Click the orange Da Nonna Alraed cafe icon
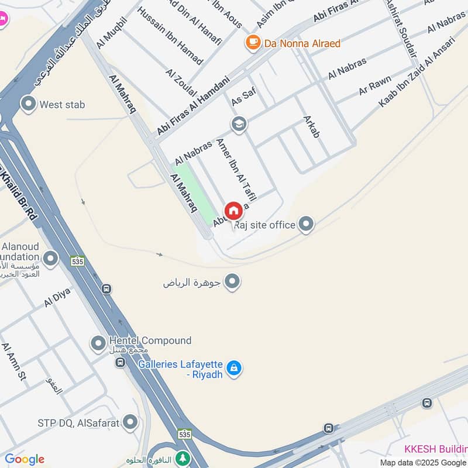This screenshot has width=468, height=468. [253, 42]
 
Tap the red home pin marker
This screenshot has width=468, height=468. [233, 211]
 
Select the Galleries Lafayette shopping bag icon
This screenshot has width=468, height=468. [234, 368]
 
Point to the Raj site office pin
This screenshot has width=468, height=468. [305, 223]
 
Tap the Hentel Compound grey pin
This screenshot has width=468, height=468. [98, 343]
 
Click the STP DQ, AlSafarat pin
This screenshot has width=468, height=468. [130, 422]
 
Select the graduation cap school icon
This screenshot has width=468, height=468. [238, 124]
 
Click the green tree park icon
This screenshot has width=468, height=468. [184, 457]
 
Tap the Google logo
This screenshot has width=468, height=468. [25, 459]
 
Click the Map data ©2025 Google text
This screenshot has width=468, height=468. [422, 462]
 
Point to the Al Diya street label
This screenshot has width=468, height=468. [57, 297]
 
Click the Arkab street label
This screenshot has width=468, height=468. [312, 126]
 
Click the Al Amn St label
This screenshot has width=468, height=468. [14, 363]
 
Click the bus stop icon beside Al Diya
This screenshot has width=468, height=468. [106, 289]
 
